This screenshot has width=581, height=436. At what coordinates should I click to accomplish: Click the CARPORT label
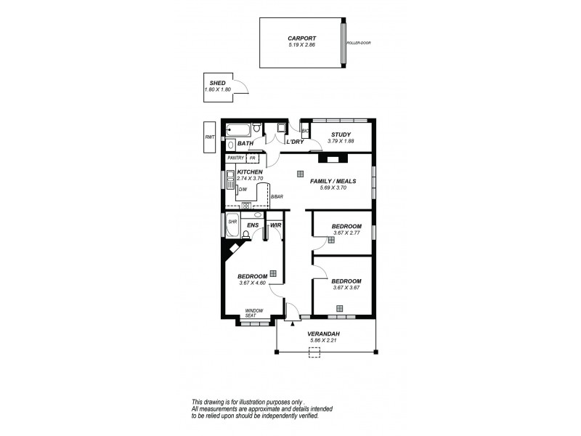coord(301,38)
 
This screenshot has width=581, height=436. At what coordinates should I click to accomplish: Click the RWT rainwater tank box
coord(210,136)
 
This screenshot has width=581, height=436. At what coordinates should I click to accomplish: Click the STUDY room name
coord(341,134)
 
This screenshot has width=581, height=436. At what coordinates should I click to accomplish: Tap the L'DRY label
coord(294,142)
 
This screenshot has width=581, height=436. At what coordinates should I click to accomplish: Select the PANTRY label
coord(235,158)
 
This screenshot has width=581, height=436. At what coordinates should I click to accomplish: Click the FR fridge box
coord(252,158)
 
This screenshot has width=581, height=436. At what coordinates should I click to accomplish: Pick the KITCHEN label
coord(250,172)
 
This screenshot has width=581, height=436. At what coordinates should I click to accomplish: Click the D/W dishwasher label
coord(243,190)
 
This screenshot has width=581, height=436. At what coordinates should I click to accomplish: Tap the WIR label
coord(275,226)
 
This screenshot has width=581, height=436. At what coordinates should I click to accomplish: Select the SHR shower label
coord(232,222)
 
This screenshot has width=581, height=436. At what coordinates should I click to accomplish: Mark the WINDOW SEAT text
coord(253,312)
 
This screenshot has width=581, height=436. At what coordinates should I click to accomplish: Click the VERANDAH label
coord(325,334)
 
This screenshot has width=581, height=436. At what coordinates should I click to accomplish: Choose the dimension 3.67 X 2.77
coord(346,233)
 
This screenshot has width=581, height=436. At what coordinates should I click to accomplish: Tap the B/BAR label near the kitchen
coord(276,197)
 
